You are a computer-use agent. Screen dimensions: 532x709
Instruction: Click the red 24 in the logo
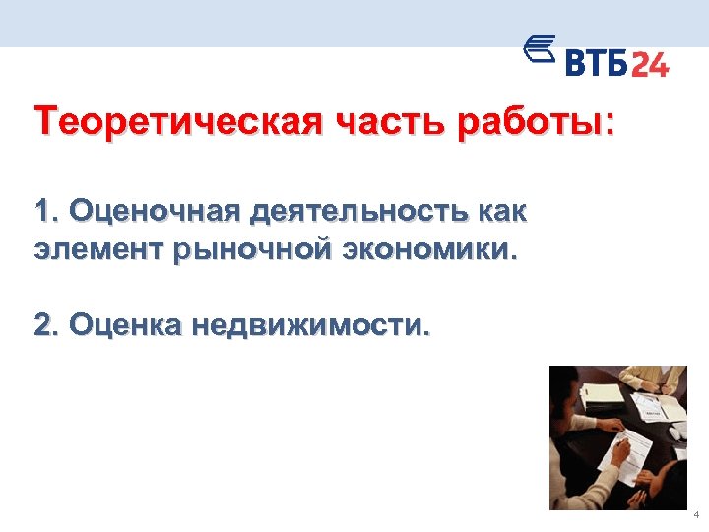[x=649, y=64]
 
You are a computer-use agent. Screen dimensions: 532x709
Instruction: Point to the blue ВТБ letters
[x=596, y=64]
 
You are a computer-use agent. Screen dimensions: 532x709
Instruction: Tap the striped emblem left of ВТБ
[x=537, y=51]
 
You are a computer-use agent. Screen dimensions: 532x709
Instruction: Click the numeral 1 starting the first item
[x=42, y=212]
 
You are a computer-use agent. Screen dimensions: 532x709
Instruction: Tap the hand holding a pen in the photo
[x=621, y=450]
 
